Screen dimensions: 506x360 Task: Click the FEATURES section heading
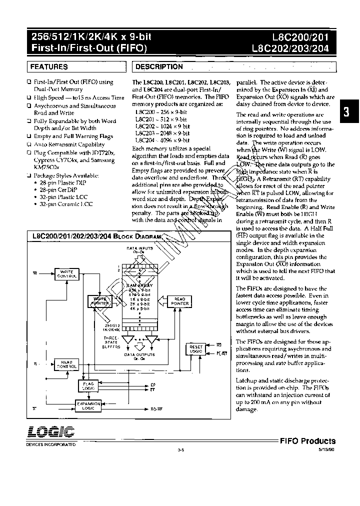coord(49,66)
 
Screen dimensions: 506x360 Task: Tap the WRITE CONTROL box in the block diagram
coord(67,274)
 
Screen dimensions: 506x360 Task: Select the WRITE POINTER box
coord(99,301)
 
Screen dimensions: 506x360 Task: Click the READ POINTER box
coord(180,301)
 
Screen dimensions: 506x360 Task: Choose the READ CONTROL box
coord(67,364)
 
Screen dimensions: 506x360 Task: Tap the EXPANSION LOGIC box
coord(88,405)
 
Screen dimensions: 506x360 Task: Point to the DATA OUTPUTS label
coord(139,355)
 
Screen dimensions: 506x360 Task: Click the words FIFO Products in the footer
coord(307,441)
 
